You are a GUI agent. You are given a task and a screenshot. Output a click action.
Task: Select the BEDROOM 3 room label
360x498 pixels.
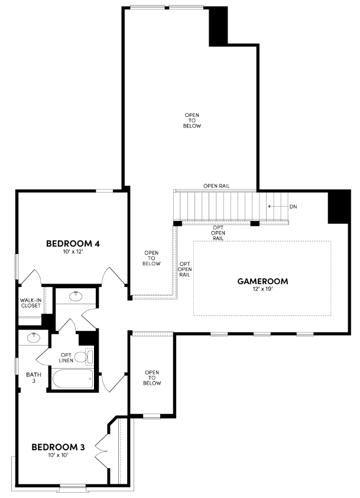[x=58, y=447]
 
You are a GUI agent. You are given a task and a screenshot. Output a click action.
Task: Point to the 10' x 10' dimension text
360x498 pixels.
[x=58, y=455]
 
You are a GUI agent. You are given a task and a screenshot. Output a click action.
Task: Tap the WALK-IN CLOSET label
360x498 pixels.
[x=30, y=303]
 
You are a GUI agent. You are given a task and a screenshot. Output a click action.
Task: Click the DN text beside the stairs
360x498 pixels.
[x=293, y=207]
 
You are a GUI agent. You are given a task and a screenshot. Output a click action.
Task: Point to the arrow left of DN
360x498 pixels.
[x=275, y=207]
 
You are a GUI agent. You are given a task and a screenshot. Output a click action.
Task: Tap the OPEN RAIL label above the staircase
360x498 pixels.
[x=216, y=186]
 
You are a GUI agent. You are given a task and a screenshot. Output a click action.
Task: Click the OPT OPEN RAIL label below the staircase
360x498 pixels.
[x=218, y=233]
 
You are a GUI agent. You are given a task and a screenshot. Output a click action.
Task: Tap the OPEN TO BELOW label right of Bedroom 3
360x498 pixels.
[x=152, y=377]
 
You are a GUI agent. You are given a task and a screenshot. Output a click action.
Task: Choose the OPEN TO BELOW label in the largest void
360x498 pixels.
[x=193, y=120]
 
